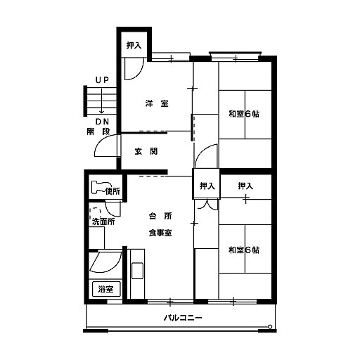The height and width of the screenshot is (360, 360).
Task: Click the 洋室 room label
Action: (157, 103)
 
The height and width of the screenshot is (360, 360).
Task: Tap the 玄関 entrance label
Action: (146, 151)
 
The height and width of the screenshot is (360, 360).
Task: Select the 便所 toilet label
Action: (112, 191)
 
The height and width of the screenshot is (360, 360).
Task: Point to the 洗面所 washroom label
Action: (103, 221)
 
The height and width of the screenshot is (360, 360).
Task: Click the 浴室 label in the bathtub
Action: (106, 289)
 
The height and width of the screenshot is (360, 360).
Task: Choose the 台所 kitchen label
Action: (160, 216)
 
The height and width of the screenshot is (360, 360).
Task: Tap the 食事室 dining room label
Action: (160, 233)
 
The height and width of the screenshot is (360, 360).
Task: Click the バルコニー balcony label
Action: (183, 318)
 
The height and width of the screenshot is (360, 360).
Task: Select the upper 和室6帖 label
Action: (244, 114)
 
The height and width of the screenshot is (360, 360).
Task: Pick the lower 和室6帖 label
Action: (244, 250)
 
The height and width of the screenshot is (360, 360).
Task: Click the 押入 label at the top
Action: (134, 45)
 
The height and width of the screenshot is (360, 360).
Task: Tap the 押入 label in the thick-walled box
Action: (207, 186)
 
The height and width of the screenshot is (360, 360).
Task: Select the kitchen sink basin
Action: (137, 271)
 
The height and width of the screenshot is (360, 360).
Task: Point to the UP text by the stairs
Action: (102, 80)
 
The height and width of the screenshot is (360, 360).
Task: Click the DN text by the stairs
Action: (102, 122)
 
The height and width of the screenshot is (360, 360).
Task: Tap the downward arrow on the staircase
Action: (102, 101)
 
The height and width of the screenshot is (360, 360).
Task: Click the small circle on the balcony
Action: (270, 326)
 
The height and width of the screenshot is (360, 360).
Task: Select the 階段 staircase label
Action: (98, 131)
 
